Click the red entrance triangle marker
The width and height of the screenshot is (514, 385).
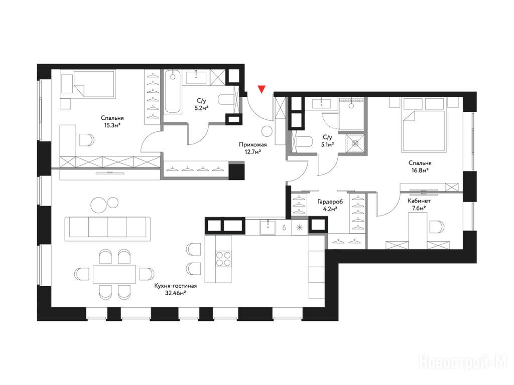pyautogui.click(x=261, y=89)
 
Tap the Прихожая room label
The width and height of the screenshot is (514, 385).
pyautogui.click(x=253, y=144)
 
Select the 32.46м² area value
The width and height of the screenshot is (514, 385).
pyautogui.click(x=176, y=293)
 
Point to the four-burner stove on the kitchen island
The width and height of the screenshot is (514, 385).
pyautogui.click(x=223, y=258)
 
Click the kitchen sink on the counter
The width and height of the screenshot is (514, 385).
pyautogui.click(x=268, y=227)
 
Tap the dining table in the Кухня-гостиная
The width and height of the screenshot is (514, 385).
pyautogui.click(x=114, y=274)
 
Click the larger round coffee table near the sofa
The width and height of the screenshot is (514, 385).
pyautogui.click(x=99, y=205)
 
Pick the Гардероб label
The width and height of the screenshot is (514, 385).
pyautogui.click(x=330, y=202)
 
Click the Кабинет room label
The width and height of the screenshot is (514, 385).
pyautogui.click(x=419, y=201)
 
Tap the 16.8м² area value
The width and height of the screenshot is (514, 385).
pyautogui.click(x=420, y=170)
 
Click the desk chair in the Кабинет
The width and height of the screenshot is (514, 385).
pyautogui.click(x=436, y=227)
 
